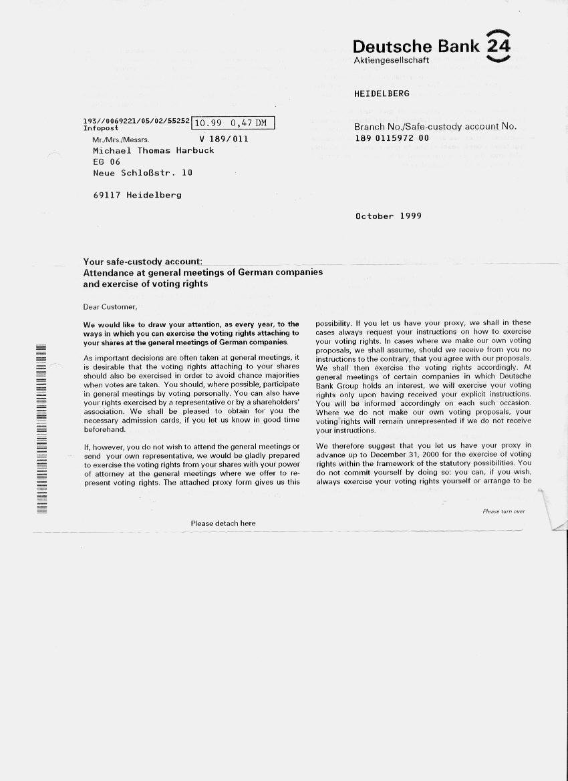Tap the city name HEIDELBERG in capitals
point(382,93)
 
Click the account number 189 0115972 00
point(392,138)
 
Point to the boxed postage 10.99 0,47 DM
point(233,123)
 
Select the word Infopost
point(101,127)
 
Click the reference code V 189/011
point(223,140)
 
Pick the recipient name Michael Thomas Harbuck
point(153,151)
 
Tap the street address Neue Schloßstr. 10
point(142,173)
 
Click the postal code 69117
point(107,195)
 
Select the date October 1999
point(388,216)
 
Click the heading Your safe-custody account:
point(142,262)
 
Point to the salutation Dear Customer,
point(110,307)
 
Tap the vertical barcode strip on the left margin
point(41,429)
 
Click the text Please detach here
point(223,523)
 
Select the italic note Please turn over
point(503,511)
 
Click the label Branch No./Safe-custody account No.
point(435,126)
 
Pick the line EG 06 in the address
point(106,162)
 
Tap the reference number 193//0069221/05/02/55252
point(137,121)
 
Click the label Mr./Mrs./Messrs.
point(121,140)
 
